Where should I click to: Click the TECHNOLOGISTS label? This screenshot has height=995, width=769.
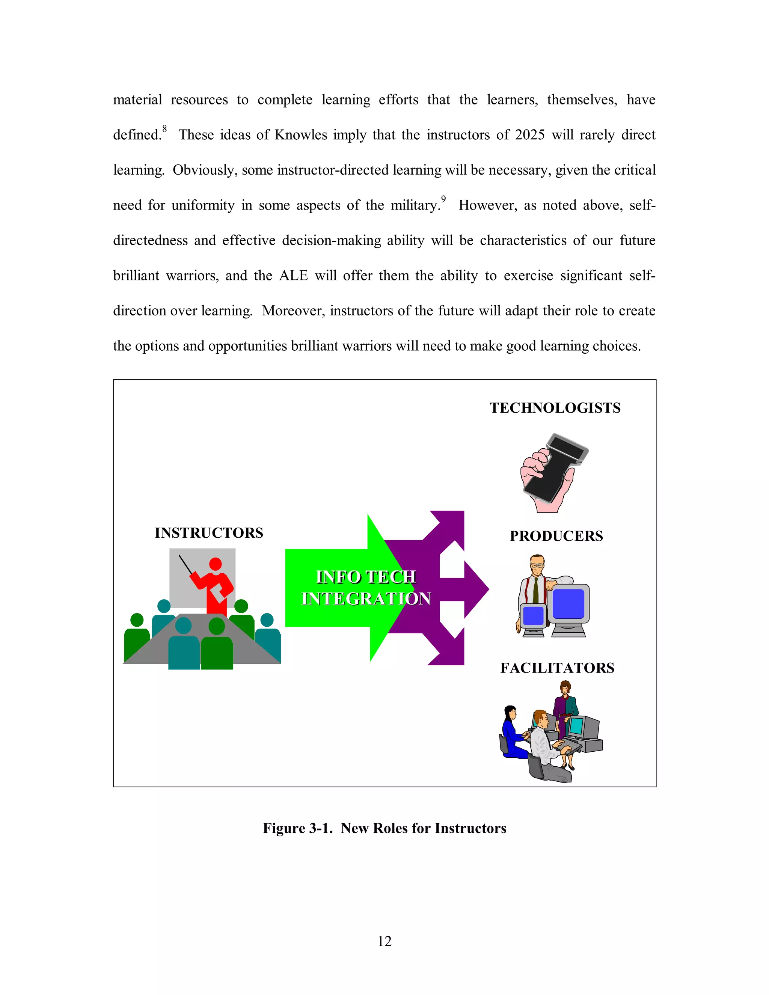[x=555, y=408]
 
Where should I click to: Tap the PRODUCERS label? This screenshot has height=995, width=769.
[x=556, y=536]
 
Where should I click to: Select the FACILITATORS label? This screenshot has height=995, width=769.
[x=557, y=668]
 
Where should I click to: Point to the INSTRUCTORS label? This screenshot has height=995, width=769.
[x=209, y=532]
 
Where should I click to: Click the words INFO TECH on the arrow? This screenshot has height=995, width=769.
[x=366, y=577]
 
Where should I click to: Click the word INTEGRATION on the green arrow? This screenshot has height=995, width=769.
[x=366, y=599]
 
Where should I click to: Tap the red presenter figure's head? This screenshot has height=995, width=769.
[x=215, y=564]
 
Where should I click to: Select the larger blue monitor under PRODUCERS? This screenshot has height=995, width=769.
[x=568, y=604]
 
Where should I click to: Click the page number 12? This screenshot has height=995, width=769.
[x=384, y=941]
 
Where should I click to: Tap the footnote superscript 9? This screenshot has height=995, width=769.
[x=443, y=199]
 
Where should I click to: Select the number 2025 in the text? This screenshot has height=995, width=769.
[x=529, y=135]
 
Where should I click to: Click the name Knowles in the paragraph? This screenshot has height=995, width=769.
[x=301, y=135]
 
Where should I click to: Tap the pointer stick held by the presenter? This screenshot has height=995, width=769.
[x=186, y=564]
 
